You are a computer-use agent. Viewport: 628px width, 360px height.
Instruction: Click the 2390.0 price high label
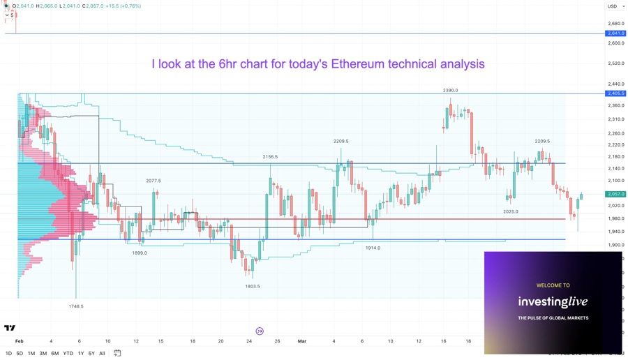(450, 91)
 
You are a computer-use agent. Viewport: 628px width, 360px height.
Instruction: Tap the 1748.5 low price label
(76, 306)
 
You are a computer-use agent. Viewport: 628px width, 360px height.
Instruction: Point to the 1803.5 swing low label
(252, 287)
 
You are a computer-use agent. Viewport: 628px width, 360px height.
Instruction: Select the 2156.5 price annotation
(270, 157)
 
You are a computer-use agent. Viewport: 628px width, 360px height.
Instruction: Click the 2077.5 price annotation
(154, 181)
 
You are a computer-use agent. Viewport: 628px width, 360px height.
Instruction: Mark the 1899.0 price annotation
(140, 253)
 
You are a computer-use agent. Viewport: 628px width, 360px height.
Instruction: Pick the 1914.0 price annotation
(373, 248)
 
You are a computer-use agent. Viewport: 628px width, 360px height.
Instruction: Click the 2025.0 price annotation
(511, 211)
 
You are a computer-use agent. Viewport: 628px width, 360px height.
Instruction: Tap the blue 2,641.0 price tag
(616, 33)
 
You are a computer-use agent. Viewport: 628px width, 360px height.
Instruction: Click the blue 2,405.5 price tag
(616, 93)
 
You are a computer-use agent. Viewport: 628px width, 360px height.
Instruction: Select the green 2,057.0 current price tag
(616, 194)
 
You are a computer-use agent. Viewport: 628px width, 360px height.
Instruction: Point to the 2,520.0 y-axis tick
(616, 63)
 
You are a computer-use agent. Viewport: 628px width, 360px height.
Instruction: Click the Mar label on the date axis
(302, 341)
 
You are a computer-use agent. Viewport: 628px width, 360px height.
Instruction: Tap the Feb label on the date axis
(20, 341)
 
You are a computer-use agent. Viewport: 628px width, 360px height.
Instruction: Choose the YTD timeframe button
(68, 354)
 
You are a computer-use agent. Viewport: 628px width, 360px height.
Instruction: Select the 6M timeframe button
(54, 354)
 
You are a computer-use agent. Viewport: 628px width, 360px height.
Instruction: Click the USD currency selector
(614, 6)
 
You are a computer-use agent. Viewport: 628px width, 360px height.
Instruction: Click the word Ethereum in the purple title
(358, 64)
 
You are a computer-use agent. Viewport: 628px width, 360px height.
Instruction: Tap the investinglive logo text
(553, 301)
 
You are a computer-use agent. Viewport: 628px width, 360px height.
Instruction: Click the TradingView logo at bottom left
(10, 328)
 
